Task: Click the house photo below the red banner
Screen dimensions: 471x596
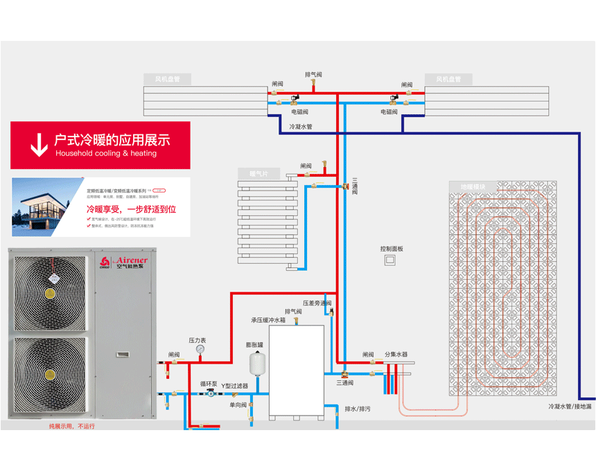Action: pyautogui.click(x=46, y=207)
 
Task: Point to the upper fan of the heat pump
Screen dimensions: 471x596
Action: pyautogui.click(x=49, y=292)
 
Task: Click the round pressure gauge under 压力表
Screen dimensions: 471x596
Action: pyautogui.click(x=200, y=350)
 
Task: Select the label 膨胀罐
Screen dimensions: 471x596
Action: pyautogui.click(x=254, y=344)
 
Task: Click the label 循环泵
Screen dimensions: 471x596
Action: pyautogui.click(x=209, y=382)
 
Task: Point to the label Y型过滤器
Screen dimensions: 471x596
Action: pyautogui.click(x=234, y=386)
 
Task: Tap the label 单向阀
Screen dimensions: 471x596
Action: pyautogui.click(x=238, y=405)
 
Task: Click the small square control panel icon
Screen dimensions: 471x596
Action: pyautogui.click(x=390, y=260)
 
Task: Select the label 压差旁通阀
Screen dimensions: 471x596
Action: pyautogui.click(x=317, y=303)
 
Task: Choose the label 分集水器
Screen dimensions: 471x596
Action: pyautogui.click(x=396, y=354)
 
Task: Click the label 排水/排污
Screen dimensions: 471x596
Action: pyautogui.click(x=358, y=409)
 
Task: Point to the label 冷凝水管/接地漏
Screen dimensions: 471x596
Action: pyautogui.click(x=570, y=407)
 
